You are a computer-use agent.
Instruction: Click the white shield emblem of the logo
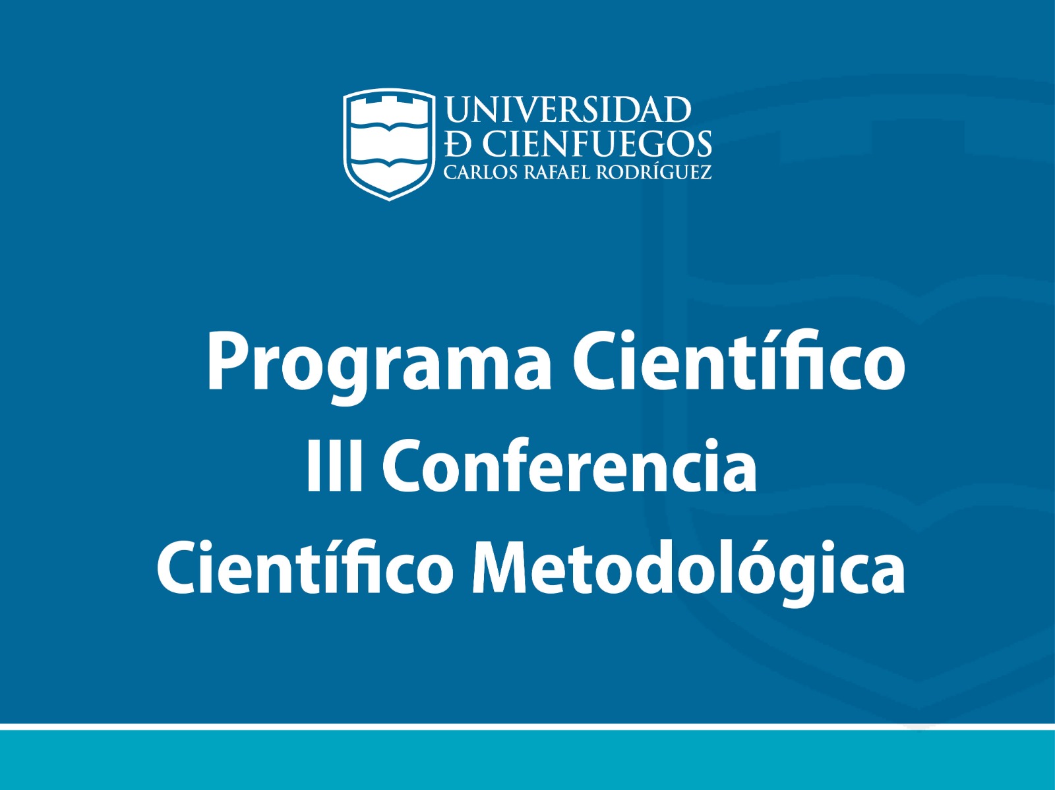[389, 144]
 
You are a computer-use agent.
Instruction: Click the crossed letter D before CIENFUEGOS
[459, 144]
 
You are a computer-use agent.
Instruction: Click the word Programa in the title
[378, 366]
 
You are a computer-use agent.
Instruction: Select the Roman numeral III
[334, 466]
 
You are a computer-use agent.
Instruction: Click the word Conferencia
[570, 465]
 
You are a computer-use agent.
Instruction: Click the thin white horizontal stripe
[527, 727]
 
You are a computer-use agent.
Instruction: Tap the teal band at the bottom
[527, 760]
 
